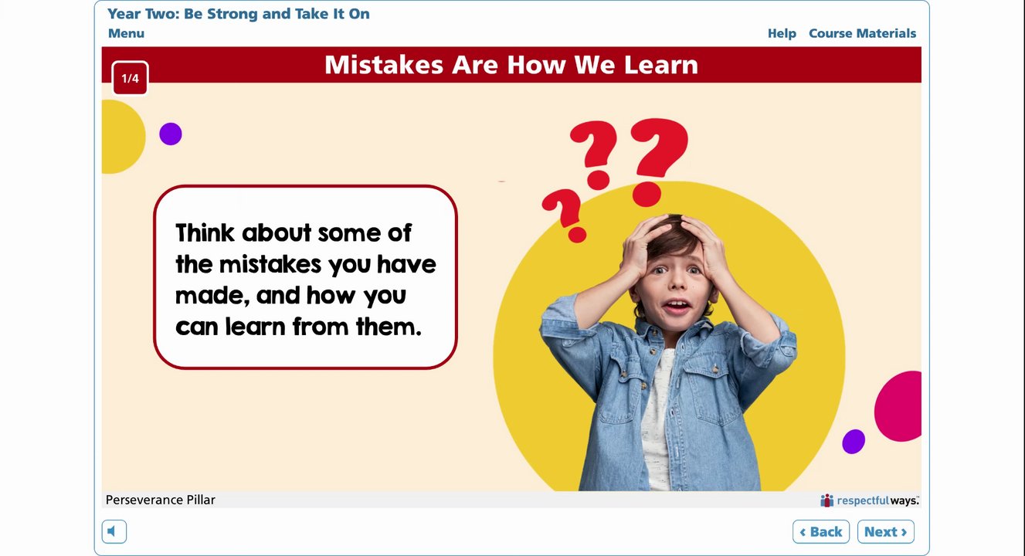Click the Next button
(885, 532)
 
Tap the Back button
(821, 532)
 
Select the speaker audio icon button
(114, 532)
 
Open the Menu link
(127, 33)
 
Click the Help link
(782, 33)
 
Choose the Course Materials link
(862, 33)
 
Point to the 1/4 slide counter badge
(130, 78)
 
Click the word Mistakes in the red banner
(384, 65)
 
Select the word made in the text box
(212, 296)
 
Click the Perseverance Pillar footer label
(160, 500)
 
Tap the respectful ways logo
(870, 500)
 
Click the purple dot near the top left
(171, 134)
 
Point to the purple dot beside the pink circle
(854, 442)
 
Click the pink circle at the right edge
(899, 406)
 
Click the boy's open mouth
(677, 306)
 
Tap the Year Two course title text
(239, 14)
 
